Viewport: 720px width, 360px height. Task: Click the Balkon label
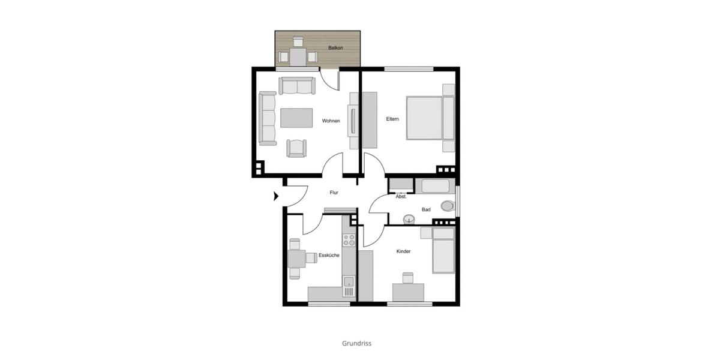click(x=335, y=47)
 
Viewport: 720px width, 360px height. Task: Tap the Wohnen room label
click(x=331, y=121)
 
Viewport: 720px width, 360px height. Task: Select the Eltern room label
click(x=392, y=119)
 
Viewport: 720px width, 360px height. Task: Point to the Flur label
click(x=334, y=193)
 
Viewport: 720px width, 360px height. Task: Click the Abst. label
click(x=401, y=197)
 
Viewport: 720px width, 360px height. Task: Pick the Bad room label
click(x=426, y=209)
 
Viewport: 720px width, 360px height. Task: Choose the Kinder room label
click(x=403, y=251)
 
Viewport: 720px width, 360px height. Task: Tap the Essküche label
click(x=329, y=256)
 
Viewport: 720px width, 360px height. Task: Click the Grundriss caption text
click(x=357, y=344)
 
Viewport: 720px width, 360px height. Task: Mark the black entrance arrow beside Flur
click(x=276, y=196)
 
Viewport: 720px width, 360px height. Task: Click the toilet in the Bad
click(x=447, y=206)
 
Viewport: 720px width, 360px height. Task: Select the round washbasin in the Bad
click(x=410, y=218)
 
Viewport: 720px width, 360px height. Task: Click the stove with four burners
click(x=349, y=241)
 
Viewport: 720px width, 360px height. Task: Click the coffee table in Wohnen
click(x=296, y=118)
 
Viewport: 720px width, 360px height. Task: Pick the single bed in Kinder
click(x=443, y=252)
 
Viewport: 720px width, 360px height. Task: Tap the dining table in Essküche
click(x=296, y=259)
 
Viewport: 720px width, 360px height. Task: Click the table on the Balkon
click(x=298, y=57)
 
